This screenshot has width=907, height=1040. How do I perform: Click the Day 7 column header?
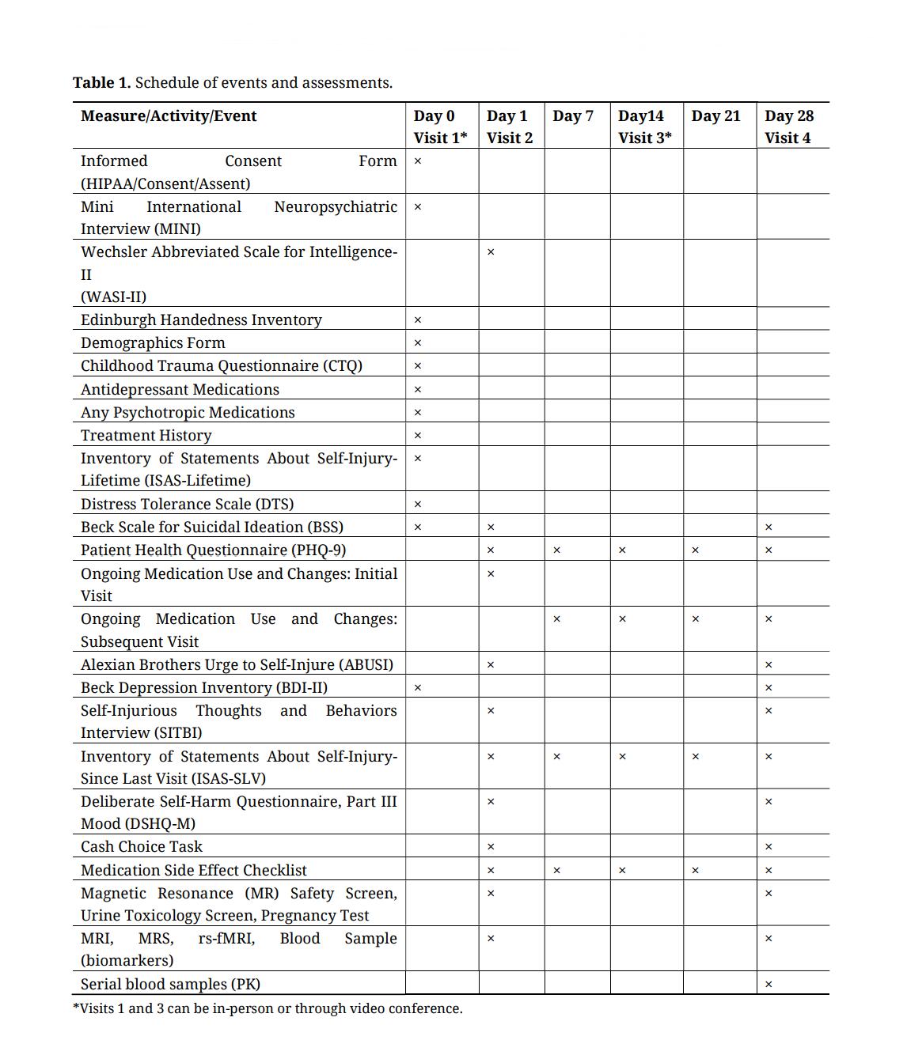tap(573, 116)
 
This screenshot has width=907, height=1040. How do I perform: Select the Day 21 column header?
tap(715, 116)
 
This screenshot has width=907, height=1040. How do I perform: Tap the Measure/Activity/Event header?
tap(169, 116)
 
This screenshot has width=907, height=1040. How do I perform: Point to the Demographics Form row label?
tap(153, 343)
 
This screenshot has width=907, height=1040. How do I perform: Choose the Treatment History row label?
tap(146, 436)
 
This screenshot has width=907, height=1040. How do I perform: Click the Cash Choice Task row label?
tap(142, 847)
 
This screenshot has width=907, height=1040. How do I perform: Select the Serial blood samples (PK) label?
tap(170, 985)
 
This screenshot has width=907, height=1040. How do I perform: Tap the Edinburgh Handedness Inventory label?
tap(201, 320)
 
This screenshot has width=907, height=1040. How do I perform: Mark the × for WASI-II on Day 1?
tap(491, 252)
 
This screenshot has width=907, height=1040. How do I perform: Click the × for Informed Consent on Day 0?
tap(418, 161)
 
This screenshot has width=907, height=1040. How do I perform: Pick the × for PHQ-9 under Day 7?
tap(556, 550)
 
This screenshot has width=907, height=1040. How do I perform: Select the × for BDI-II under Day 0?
tap(418, 688)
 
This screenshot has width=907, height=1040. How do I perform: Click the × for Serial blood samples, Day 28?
tap(768, 985)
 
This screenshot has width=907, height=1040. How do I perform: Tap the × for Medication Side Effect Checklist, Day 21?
tap(696, 871)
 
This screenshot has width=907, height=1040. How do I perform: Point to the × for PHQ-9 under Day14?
tap(622, 550)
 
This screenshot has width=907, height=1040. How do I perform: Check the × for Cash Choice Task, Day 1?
tap(491, 847)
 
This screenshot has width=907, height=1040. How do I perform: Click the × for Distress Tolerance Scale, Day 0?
tap(418, 505)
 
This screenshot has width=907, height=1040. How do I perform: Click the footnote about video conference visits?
tap(268, 1009)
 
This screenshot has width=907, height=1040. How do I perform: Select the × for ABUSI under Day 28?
tap(768, 665)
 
